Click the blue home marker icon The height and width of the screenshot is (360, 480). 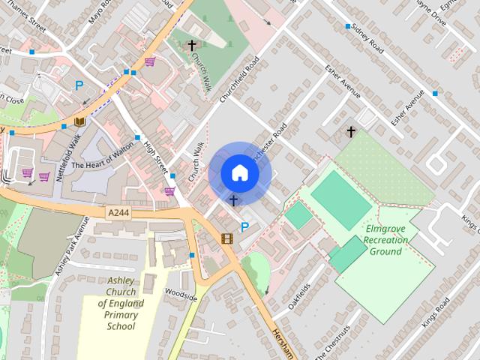click(239, 173)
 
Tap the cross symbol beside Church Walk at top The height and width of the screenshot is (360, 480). click(192, 46)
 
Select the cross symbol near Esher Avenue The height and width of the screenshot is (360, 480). click(350, 132)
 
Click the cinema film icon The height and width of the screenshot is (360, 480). click(226, 239)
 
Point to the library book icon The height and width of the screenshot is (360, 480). click(79, 121)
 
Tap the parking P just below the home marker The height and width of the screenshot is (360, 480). click(244, 226)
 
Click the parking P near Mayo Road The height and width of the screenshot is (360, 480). click(79, 86)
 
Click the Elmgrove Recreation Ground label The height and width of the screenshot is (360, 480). click(386, 240)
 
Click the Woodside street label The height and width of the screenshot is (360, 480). click(181, 294)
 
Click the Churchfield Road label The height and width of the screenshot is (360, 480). click(239, 79)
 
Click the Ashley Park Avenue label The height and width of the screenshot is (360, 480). click(72, 246)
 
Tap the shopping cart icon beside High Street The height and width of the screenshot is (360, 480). click(170, 190)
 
